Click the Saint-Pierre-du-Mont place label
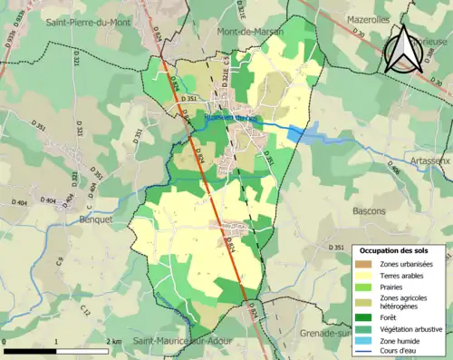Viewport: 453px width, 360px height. coord(89,24)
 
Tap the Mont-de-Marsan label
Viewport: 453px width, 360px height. coord(250,32)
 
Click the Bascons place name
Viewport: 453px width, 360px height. coord(369,211)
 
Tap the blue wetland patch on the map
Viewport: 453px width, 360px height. coord(306,135)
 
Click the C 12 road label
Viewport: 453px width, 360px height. coord(84,310)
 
